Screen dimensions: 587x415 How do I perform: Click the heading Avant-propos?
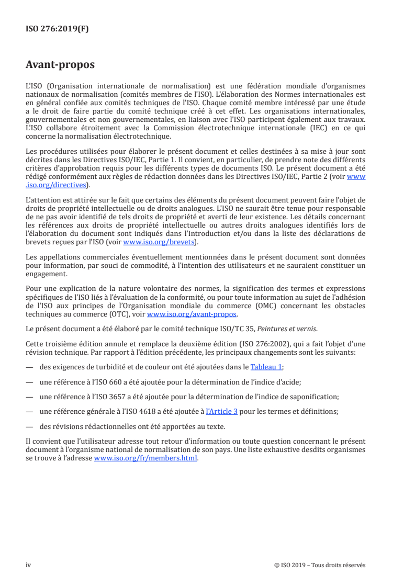pos(60,65)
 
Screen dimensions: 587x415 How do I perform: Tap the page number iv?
pos(28,565)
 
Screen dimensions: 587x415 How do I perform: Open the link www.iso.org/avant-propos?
pos(192,314)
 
